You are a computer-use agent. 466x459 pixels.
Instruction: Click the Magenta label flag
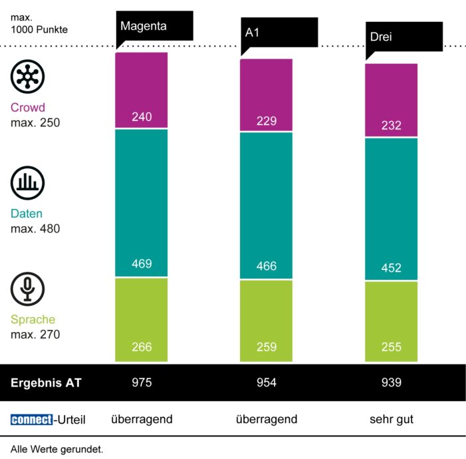tap(154, 27)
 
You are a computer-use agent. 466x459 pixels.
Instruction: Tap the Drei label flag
tap(404, 37)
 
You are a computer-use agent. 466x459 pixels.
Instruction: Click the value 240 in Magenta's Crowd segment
tap(142, 117)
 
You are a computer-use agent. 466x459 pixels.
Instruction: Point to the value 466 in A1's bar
tap(267, 267)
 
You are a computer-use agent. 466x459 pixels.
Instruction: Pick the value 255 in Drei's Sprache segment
tap(392, 347)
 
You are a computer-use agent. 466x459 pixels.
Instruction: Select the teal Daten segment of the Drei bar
tap(392, 209)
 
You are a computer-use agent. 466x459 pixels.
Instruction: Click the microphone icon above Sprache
tap(27, 290)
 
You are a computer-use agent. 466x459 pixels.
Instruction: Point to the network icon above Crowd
tap(27, 76)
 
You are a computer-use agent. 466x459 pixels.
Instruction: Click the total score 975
tap(142, 383)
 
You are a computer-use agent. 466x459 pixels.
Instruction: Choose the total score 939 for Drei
tap(392, 383)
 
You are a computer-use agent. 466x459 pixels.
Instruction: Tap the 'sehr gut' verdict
tap(392, 420)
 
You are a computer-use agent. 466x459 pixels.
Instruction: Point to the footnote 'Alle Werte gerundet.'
tap(57, 449)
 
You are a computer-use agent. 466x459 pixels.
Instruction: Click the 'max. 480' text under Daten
tap(35, 229)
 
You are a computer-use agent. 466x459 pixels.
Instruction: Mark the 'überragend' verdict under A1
tap(267, 420)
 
